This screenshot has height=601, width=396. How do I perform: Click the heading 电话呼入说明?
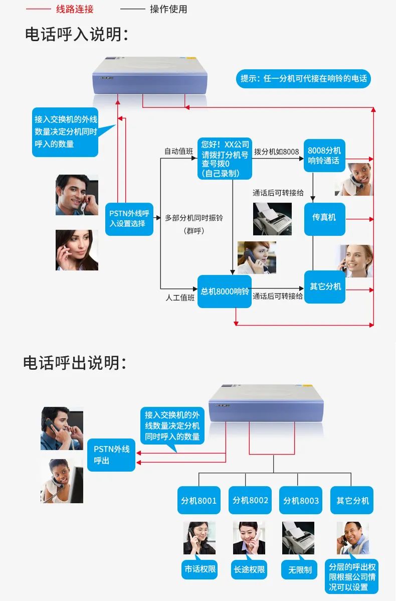click(76, 35)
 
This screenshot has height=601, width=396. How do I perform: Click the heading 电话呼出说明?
click(75, 363)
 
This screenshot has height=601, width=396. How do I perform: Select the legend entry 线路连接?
click(74, 9)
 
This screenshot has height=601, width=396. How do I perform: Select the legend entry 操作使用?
click(168, 9)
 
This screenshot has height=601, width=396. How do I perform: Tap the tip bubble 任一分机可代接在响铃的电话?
click(303, 79)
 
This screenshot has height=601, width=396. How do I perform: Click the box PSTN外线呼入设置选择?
click(129, 219)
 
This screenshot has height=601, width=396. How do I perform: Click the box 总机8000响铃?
click(225, 291)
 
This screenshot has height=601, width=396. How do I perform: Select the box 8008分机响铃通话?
click(324, 156)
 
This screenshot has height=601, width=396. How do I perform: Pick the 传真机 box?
click(324, 217)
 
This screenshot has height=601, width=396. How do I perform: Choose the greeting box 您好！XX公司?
click(225, 158)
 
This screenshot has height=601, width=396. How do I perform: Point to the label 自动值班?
click(179, 152)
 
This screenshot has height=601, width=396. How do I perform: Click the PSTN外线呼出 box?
click(111, 455)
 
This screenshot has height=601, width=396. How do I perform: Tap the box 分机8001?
click(199, 500)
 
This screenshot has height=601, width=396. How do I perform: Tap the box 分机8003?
click(301, 500)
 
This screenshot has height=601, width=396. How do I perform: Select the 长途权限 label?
click(250, 569)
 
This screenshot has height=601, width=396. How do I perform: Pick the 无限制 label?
click(300, 569)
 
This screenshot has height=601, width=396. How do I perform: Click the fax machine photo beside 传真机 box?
click(272, 219)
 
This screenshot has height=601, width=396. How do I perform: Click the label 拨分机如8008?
click(276, 152)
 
